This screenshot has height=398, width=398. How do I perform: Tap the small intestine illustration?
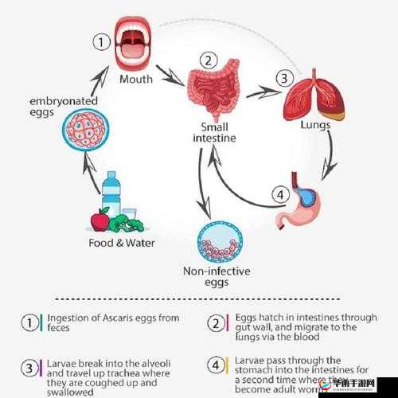coord(213,94)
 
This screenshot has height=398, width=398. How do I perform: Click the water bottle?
coord(111,195)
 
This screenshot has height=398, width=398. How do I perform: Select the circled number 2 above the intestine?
coord(209,60)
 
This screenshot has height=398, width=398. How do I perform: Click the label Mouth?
coord(136,79)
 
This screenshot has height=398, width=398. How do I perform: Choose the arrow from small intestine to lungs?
coord(263,93)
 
